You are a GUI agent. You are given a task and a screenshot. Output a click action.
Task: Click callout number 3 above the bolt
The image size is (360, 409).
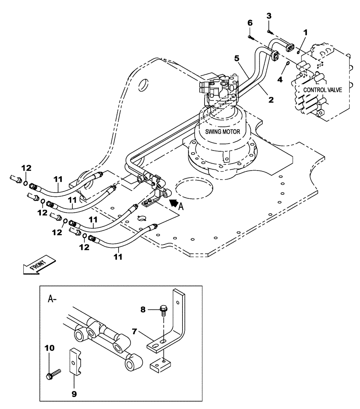click(x=268, y=16)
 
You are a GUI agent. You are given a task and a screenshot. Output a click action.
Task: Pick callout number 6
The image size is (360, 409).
click(x=250, y=24)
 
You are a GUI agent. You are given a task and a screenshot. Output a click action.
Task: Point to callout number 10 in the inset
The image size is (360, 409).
click(x=49, y=348)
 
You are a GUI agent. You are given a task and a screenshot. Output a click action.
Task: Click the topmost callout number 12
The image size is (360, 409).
click(x=26, y=168)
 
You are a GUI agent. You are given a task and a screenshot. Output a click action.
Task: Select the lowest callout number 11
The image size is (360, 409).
click(x=118, y=257)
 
